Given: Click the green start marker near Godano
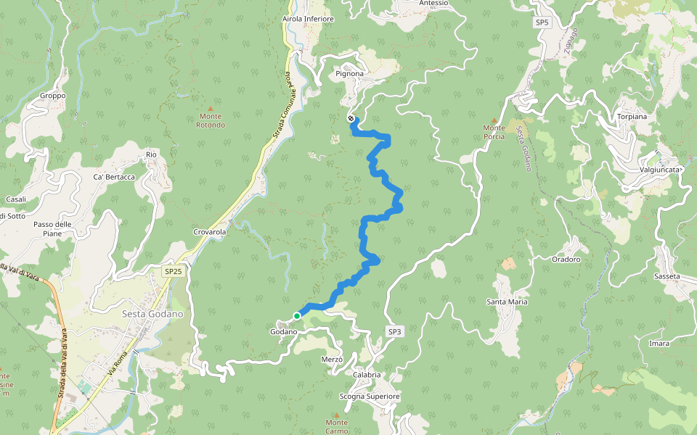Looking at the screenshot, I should pyautogui.click(x=297, y=316).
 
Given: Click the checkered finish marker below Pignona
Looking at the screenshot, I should pyautogui.click(x=351, y=118).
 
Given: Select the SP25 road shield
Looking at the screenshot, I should pyautogui.click(x=173, y=271).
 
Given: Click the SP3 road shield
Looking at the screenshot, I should pyautogui.click(x=394, y=331).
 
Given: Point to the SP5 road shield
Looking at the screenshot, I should pyautogui.click(x=542, y=22).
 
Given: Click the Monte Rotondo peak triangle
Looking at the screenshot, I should pyautogui.click(x=211, y=108).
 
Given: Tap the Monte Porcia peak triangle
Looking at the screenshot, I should pyautogui.click(x=494, y=120).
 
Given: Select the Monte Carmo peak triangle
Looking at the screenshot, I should pyautogui.click(x=336, y=415).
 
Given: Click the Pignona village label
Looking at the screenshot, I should pyautogui.click(x=349, y=74).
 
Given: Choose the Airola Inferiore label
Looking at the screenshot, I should pyautogui.click(x=308, y=20).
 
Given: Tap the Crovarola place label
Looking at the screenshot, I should pyautogui.click(x=210, y=232).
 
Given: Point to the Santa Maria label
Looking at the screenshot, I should pyautogui.click(x=507, y=302).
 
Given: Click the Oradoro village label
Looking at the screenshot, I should pyautogui.click(x=566, y=259).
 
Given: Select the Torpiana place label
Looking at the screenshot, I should pyautogui.click(x=632, y=116).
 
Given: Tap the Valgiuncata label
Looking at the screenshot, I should pyautogui.click(x=660, y=170).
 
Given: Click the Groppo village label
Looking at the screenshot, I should pyautogui.click(x=53, y=96).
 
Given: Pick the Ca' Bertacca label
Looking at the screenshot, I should pyautogui.click(x=114, y=178).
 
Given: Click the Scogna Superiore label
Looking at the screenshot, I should pyautogui.click(x=370, y=397).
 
